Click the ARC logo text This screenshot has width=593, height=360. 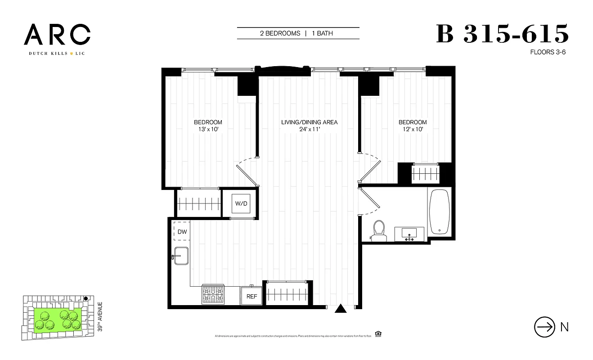pyautogui.click(x=57, y=35)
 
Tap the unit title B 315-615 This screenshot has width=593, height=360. pyautogui.click(x=503, y=34)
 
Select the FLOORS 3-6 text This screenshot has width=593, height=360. pyautogui.click(x=548, y=52)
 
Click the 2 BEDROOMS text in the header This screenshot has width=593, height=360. pyautogui.click(x=280, y=33)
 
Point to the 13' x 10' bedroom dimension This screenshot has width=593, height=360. pyautogui.click(x=208, y=130)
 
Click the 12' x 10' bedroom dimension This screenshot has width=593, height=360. pyautogui.click(x=413, y=130)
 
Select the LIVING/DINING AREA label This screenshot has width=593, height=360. pyautogui.click(x=309, y=122)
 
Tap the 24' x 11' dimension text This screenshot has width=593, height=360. pyautogui.click(x=309, y=130)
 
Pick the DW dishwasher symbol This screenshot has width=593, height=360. pyautogui.click(x=182, y=232)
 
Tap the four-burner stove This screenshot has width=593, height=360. pyautogui.click(x=212, y=295)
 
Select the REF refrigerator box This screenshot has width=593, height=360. pyautogui.click(x=252, y=297)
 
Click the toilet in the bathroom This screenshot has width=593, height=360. pyautogui.click(x=379, y=229)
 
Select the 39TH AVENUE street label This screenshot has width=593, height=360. pyautogui.click(x=100, y=317)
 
